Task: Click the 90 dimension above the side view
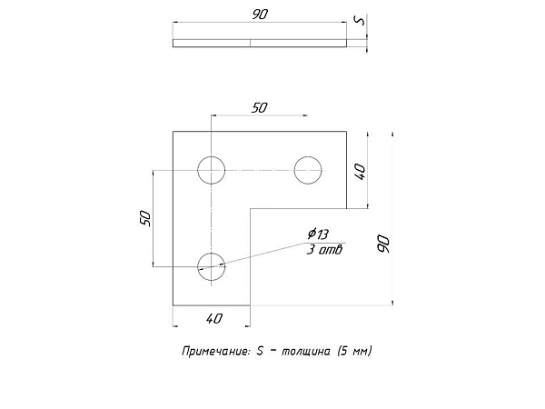(x=260, y=15)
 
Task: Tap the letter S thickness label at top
(x=360, y=21)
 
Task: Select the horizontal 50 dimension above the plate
(x=259, y=108)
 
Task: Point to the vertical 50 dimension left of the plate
(x=146, y=219)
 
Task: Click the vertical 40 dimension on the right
(x=361, y=172)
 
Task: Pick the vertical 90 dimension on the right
(x=383, y=244)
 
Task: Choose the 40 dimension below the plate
(x=213, y=319)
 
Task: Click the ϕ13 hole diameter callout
(x=318, y=234)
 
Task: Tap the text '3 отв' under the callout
(x=324, y=250)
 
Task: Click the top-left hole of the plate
(x=212, y=170)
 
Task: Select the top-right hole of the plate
(x=308, y=170)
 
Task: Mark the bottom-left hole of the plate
(x=212, y=266)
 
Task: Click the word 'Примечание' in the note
(x=215, y=351)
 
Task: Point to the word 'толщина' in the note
(x=306, y=351)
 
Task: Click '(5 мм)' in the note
(x=354, y=351)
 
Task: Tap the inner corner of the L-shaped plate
(x=251, y=209)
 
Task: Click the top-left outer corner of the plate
(x=173, y=132)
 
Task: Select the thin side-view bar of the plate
(x=260, y=43)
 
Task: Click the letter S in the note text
(x=260, y=351)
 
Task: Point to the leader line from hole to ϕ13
(x=260, y=254)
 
